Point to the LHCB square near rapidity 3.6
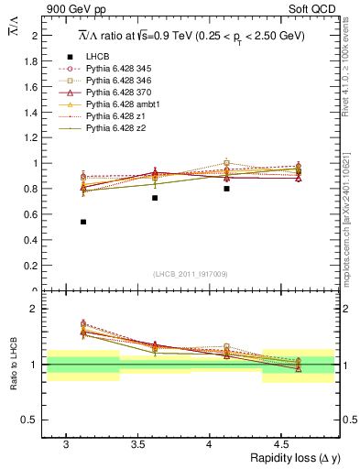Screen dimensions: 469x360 click(x=155, y=198)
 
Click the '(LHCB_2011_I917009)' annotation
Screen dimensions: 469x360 click(x=191, y=274)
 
